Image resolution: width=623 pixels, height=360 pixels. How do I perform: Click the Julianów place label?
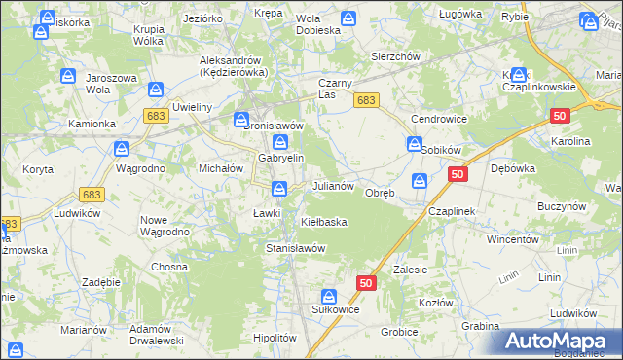(338, 185)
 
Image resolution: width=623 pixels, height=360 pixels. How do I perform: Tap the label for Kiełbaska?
(324, 222)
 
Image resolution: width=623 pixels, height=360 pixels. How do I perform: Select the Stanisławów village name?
(295, 248)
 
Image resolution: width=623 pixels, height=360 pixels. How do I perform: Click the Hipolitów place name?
(274, 337)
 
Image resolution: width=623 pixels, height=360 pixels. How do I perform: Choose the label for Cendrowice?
(439, 119)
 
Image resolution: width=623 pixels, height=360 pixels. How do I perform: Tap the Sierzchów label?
(395, 56)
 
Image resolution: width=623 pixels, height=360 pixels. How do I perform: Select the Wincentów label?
(513, 238)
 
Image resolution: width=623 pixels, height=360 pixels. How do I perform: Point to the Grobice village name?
(399, 332)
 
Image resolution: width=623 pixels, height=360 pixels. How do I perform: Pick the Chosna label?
(168, 267)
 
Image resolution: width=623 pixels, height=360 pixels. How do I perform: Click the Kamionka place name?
(92, 125)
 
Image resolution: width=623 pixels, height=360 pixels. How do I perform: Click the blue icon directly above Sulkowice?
(329, 296)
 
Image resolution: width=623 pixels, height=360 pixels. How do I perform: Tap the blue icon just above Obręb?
(419, 180)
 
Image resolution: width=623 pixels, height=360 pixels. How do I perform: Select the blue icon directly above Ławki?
(278, 188)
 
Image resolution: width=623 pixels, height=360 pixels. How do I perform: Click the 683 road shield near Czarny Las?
(366, 100)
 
